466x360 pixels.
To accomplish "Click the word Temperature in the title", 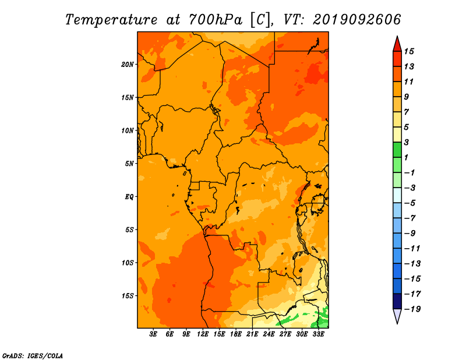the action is click(x=111, y=20).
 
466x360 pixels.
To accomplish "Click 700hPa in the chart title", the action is click(x=216, y=20).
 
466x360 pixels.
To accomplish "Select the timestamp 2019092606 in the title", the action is click(x=357, y=20).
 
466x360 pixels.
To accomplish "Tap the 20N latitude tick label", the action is click(x=128, y=65).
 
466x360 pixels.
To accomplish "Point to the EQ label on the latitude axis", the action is click(x=129, y=197).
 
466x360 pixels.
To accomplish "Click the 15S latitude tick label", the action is click(x=128, y=296).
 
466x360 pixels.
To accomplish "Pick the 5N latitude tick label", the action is click(x=129, y=164).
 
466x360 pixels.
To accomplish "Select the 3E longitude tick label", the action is click(x=153, y=334).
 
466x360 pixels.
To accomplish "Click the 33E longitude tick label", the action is click(x=318, y=334).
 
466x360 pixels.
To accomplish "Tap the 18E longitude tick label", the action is click(x=236, y=334).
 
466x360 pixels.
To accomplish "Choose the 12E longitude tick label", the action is click(x=203, y=334).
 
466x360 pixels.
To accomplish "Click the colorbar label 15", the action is click(x=409, y=51).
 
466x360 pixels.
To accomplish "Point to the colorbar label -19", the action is click(x=412, y=309).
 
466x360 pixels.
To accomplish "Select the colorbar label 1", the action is click(x=406, y=157).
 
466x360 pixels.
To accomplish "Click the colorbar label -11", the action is click(x=412, y=249).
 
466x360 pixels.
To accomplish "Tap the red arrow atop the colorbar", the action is click(x=397, y=44).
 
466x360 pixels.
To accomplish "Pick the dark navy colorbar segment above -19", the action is click(x=397, y=301).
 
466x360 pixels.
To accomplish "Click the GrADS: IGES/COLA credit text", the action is click(x=33, y=356).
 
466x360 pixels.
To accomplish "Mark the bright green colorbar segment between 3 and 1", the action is click(x=397, y=150).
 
